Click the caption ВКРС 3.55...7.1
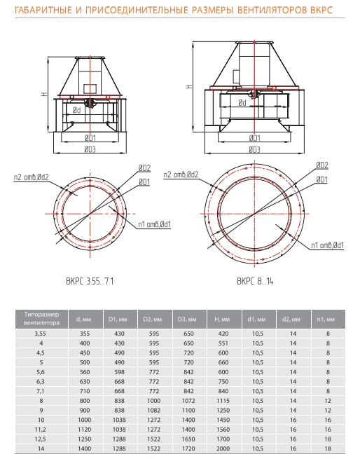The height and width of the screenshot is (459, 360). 90,281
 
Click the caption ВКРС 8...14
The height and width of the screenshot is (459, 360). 255,281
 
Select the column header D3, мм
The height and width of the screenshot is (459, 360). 187,319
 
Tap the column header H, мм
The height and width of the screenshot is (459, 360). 223,319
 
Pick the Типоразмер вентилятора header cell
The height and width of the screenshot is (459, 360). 41,318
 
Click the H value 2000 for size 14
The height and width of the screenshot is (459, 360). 223,448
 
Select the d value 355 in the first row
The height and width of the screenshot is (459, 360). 85,334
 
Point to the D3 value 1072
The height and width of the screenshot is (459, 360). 188,400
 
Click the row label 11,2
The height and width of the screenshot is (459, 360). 41,429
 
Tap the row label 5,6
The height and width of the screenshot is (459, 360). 41,372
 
